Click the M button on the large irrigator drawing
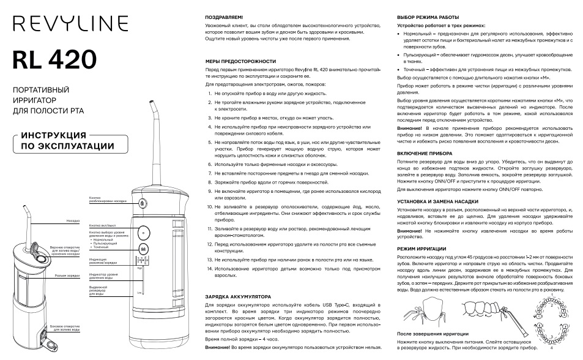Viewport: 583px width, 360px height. click(x=143, y=249)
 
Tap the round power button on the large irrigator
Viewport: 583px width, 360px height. click(x=143, y=233)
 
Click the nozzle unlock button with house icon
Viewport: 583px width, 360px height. click(x=143, y=203)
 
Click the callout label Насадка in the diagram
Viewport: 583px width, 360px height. click(x=74, y=220)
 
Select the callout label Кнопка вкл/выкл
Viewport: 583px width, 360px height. click(x=102, y=225)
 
